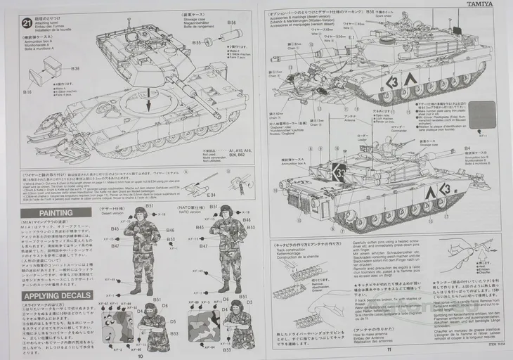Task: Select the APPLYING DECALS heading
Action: [x=56, y=295]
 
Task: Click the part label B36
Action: [x=75, y=68]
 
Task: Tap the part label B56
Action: [x=231, y=23]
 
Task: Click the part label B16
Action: [x=27, y=91]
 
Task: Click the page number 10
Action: [x=141, y=356]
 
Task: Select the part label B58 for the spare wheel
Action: [x=369, y=12]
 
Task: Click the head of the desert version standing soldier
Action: [x=141, y=213]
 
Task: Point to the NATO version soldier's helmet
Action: [x=226, y=210]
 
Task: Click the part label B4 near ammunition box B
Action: [x=467, y=148]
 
